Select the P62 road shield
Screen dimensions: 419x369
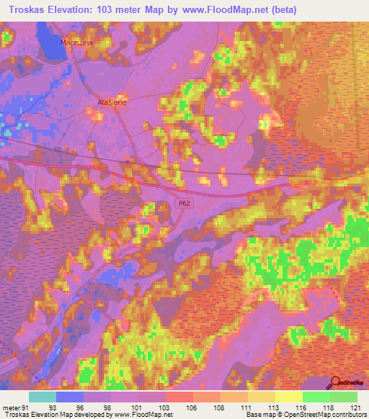coord(184,204)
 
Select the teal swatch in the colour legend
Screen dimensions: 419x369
coord(43,397)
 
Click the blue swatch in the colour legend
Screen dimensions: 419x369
coord(70,397)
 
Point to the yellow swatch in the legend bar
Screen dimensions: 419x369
coord(288,397)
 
